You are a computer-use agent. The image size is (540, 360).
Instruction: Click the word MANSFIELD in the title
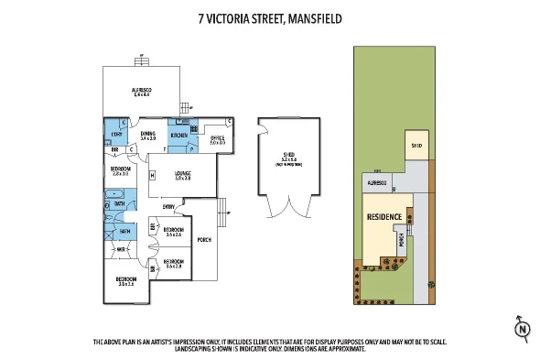(317, 16)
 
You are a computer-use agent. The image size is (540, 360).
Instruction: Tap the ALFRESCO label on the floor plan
(142, 90)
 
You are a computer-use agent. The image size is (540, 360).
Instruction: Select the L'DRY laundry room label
(116, 136)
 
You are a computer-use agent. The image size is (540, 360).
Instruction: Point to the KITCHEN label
(179, 136)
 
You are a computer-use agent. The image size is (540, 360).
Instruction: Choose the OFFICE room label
(217, 138)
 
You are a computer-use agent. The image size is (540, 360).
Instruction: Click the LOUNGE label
(182, 175)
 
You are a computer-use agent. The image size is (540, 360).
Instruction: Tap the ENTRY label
(169, 207)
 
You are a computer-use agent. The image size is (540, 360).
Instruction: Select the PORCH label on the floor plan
(203, 240)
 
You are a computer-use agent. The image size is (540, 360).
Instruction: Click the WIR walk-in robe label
(121, 248)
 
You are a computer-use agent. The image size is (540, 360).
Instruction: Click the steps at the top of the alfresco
(143, 60)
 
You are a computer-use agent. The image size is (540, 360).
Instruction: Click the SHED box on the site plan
(416, 146)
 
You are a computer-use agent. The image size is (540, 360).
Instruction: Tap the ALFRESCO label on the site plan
(377, 183)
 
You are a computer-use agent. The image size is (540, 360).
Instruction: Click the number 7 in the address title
(202, 16)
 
